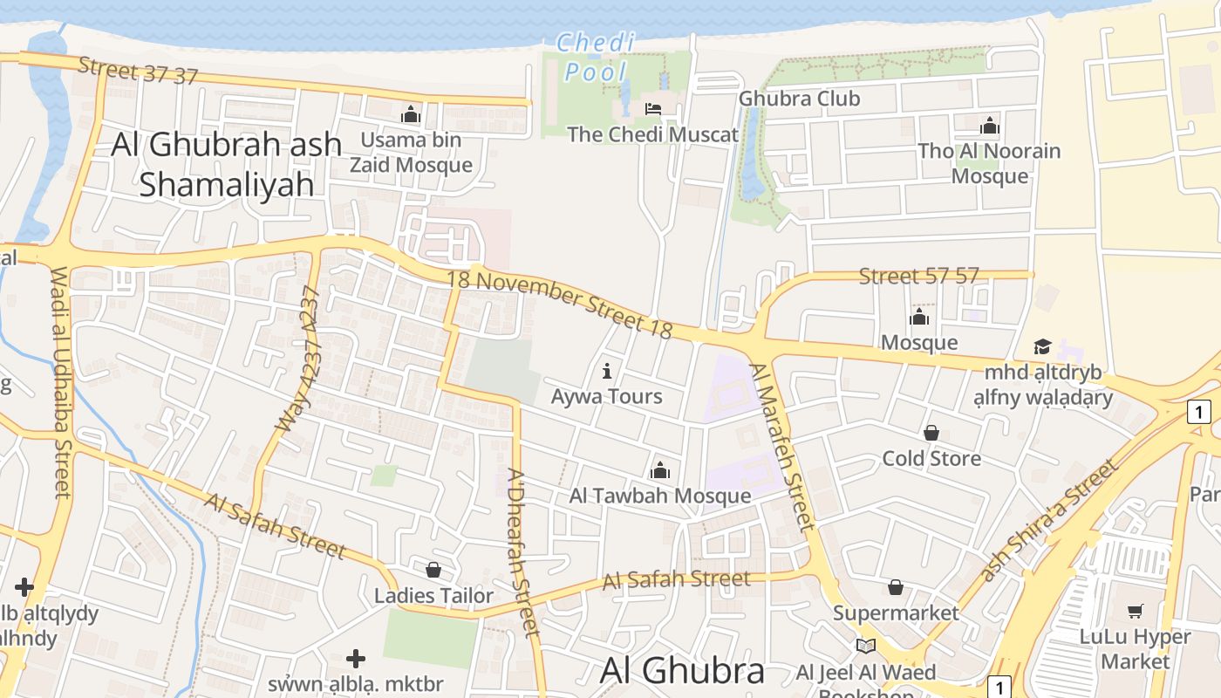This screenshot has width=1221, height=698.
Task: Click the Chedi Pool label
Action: coord(596,57)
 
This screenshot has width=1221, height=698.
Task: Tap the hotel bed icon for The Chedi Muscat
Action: coord(652,109)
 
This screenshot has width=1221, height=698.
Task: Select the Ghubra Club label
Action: coord(799,99)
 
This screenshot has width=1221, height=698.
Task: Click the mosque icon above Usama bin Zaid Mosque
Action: coord(411,114)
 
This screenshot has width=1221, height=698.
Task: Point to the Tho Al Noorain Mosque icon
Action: coord(989,126)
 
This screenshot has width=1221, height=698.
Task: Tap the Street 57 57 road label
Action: coord(918,277)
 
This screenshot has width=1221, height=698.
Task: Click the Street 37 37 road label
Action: coord(138,70)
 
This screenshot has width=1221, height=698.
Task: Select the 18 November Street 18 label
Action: coord(560,303)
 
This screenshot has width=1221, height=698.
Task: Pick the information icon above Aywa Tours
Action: coord(607,372)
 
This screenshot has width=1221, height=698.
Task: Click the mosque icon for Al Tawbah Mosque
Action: coord(660,470)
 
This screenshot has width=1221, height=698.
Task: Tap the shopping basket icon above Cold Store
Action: coord(931,433)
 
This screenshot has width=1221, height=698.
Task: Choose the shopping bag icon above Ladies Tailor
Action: coord(433,570)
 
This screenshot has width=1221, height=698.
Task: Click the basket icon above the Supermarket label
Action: coord(895,587)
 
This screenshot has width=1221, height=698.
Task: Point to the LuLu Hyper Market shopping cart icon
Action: coord(1135,611)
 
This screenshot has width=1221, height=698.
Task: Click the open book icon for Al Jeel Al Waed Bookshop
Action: coord(865,646)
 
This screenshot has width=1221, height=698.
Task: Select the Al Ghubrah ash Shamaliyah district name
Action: coord(226,164)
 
